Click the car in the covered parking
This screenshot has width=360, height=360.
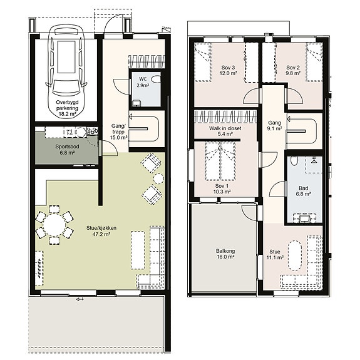[66, 71]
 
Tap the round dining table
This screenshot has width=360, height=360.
[54, 225]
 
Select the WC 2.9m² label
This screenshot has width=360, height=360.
[143, 82]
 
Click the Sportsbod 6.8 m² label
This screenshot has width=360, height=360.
[67, 150]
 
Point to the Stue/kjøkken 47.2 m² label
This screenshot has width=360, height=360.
[101, 231]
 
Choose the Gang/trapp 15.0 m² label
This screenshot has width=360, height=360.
[119, 131]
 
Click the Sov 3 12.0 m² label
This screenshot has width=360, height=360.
[228, 70]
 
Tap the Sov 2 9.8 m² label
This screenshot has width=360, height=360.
[293, 70]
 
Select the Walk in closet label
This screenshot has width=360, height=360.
[225, 128]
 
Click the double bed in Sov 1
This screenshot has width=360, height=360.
[220, 161]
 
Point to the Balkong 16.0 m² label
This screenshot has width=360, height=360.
[225, 254]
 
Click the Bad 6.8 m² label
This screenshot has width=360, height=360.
[303, 191]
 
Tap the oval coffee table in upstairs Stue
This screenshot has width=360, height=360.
[295, 255]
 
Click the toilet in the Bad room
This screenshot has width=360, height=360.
[294, 161]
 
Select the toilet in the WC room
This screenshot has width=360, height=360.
[156, 80]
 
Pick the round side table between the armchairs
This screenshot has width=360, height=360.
[158, 178]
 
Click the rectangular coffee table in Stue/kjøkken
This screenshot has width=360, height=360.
[138, 250]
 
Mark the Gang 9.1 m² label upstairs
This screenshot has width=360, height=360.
[275, 126]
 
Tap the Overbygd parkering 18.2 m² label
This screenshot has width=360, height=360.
[67, 108]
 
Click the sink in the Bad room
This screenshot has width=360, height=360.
[304, 218]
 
